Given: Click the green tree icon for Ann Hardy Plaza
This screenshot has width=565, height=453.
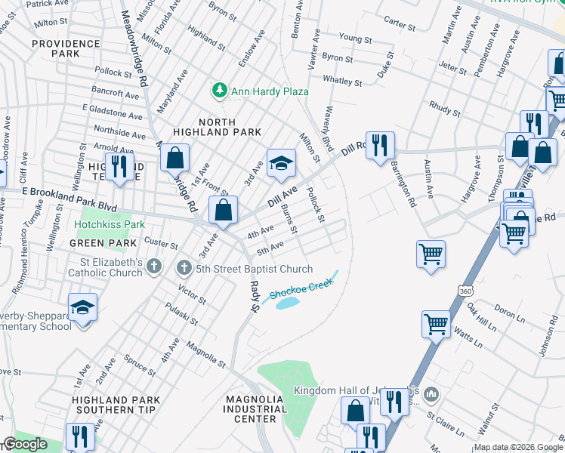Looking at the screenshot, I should pyautogui.click(x=220, y=91).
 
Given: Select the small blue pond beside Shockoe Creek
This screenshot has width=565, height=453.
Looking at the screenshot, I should pyautogui.click(x=287, y=303).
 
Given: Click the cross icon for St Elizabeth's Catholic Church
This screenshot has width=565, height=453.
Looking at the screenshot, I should pyautogui.click(x=154, y=266).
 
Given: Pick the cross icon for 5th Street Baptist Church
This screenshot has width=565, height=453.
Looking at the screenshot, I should pyautogui.click(x=184, y=269).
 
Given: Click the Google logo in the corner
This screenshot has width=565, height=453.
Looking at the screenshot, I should pyautogui.click(x=25, y=444).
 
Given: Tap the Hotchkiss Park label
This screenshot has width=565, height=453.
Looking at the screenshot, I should pyautogui.click(x=109, y=225).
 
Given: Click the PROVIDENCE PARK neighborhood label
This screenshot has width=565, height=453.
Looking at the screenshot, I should pyautogui.click(x=66, y=49).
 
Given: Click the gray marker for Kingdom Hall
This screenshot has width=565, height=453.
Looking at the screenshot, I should pyautogui.click(x=431, y=394).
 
